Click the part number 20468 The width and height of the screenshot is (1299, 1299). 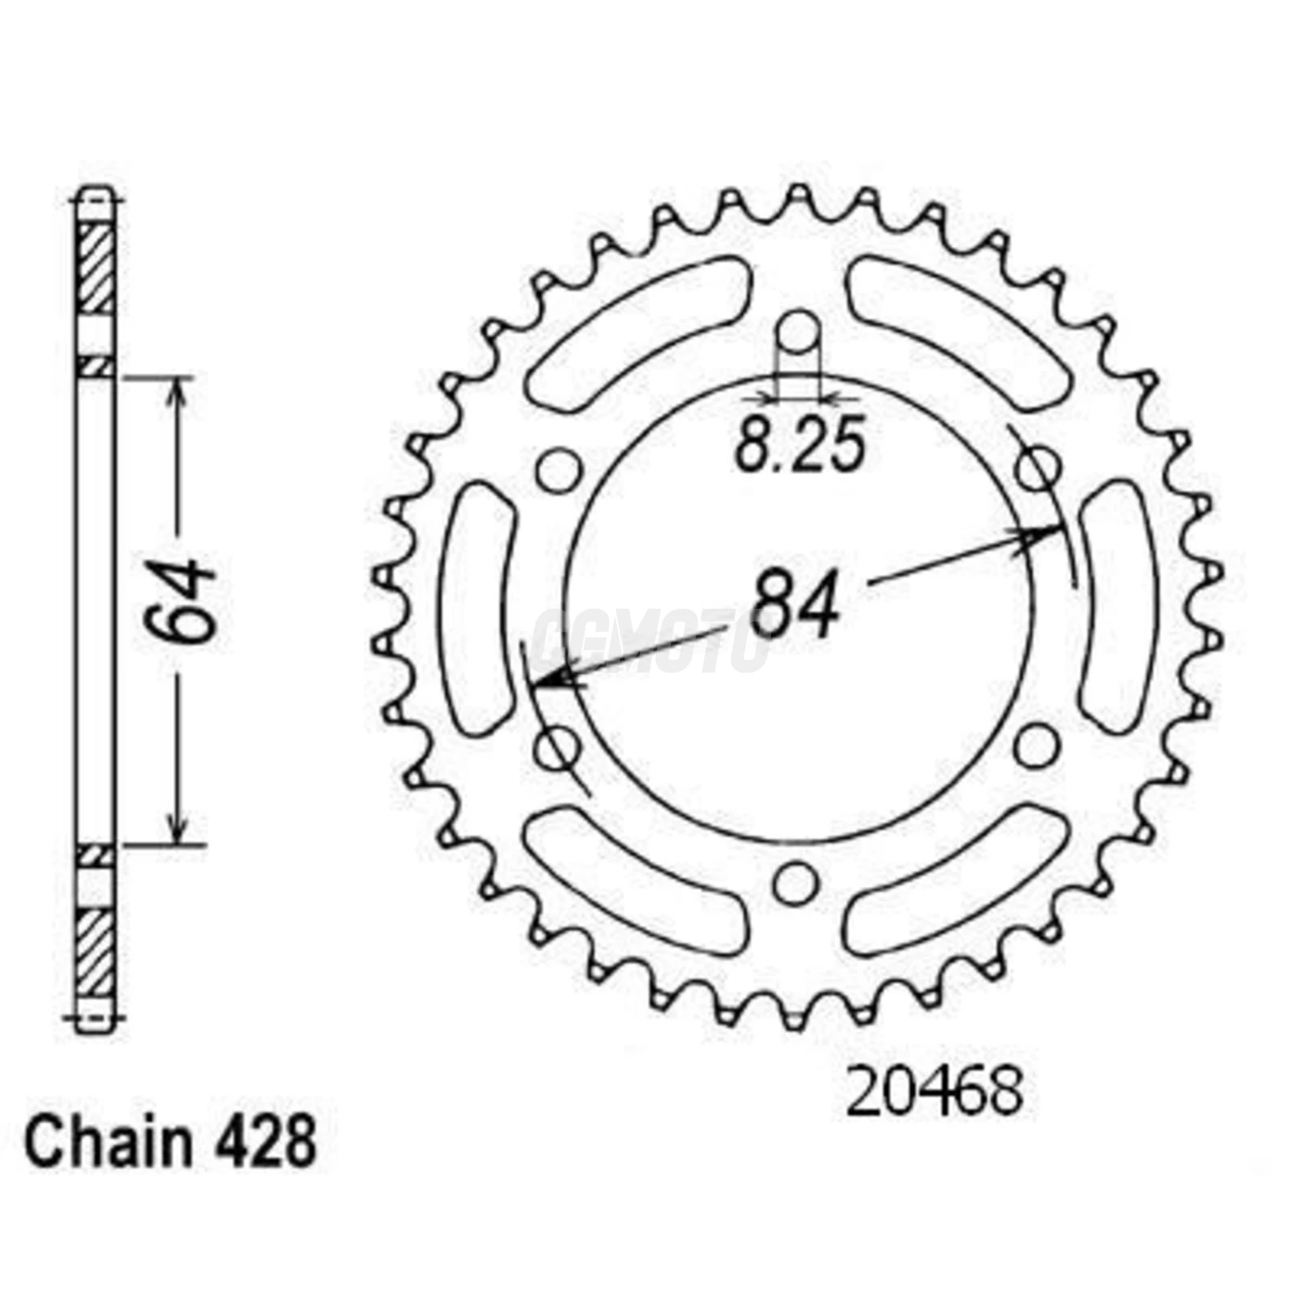point(934,1092)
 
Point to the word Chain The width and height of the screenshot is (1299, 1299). point(108,1143)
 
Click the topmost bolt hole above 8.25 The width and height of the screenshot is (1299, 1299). point(798,332)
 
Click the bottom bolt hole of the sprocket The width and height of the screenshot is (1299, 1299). point(797,884)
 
